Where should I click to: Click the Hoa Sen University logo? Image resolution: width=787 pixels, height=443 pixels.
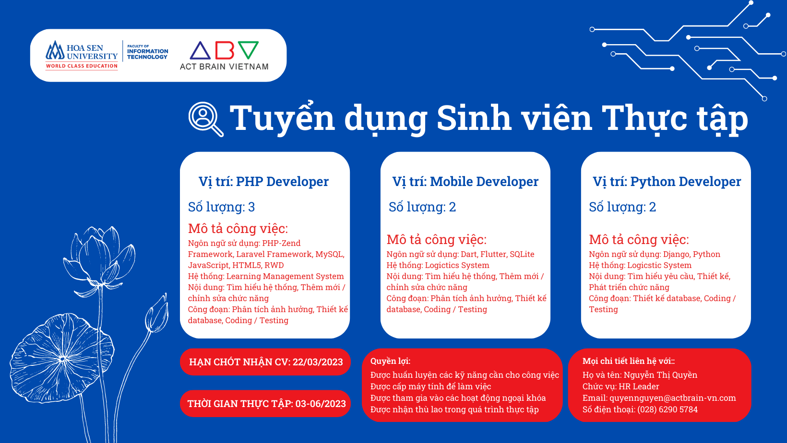[x=82, y=55]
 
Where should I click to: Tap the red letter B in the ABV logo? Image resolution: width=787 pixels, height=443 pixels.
[x=225, y=50]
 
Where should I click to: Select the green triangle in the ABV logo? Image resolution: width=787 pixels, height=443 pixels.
[x=248, y=50]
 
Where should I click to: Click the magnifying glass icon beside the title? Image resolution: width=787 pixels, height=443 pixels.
[x=206, y=119]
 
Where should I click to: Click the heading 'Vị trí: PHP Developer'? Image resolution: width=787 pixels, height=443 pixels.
[x=263, y=182]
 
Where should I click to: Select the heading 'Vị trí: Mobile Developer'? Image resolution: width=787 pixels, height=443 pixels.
[x=465, y=182]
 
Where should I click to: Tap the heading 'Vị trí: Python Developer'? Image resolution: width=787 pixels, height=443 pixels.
[x=667, y=182]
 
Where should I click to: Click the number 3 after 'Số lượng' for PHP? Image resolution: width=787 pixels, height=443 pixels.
[x=251, y=207]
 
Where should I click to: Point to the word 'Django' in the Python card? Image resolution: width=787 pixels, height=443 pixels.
[x=676, y=255]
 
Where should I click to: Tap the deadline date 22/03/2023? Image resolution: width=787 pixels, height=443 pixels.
[x=318, y=362]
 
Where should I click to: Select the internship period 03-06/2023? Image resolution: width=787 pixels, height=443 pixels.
[x=321, y=404]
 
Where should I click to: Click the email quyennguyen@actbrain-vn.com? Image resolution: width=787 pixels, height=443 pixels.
[x=672, y=398]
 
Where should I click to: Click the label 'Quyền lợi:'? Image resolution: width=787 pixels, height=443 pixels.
[x=390, y=361]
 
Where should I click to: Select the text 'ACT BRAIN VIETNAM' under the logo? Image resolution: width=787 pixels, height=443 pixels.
[x=224, y=67]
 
